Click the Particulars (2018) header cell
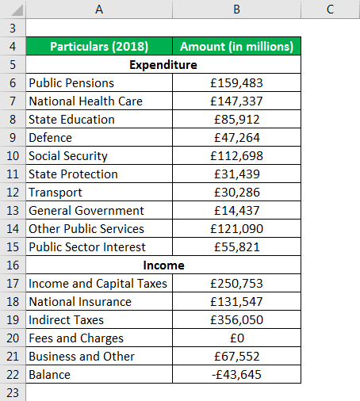(x=99, y=46)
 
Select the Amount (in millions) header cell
(x=236, y=46)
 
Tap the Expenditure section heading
(x=163, y=64)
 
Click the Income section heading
(x=163, y=265)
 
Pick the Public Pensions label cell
(x=71, y=82)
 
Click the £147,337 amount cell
(x=236, y=101)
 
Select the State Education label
(x=71, y=119)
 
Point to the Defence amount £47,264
(x=236, y=137)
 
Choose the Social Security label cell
(x=68, y=155)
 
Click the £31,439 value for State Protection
(x=236, y=174)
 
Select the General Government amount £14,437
(x=236, y=210)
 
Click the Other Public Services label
(x=86, y=228)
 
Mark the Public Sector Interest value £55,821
(x=236, y=246)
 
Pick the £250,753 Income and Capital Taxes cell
(x=236, y=283)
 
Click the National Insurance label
(x=80, y=301)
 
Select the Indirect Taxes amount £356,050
(x=236, y=319)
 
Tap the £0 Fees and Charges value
(x=236, y=338)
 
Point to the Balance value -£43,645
(x=236, y=374)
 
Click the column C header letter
(x=329, y=9)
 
